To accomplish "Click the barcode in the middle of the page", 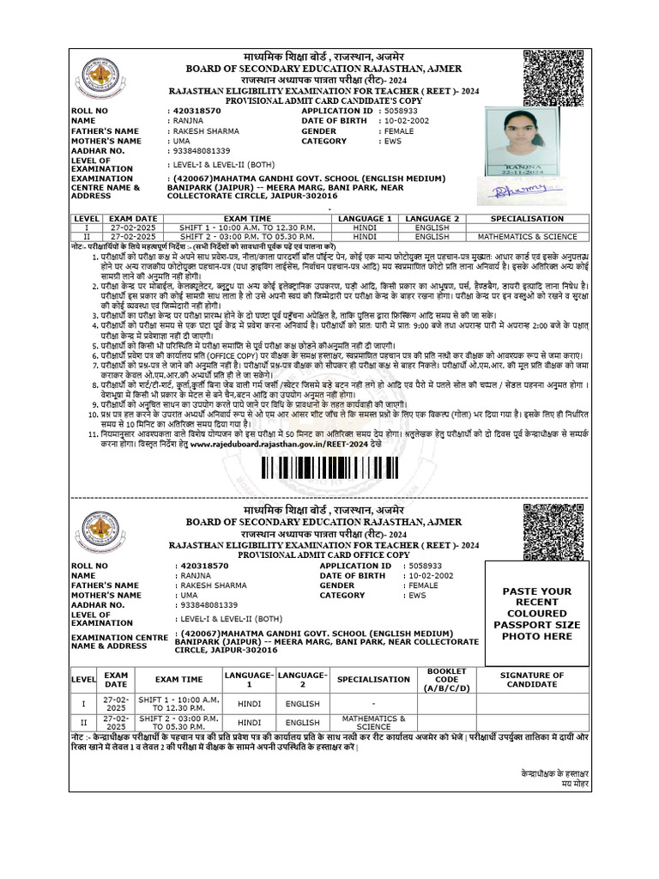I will [329, 469].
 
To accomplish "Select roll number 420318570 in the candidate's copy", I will [196, 111].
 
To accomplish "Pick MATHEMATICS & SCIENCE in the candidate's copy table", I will [528, 236].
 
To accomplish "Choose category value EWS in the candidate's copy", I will [393, 141].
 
